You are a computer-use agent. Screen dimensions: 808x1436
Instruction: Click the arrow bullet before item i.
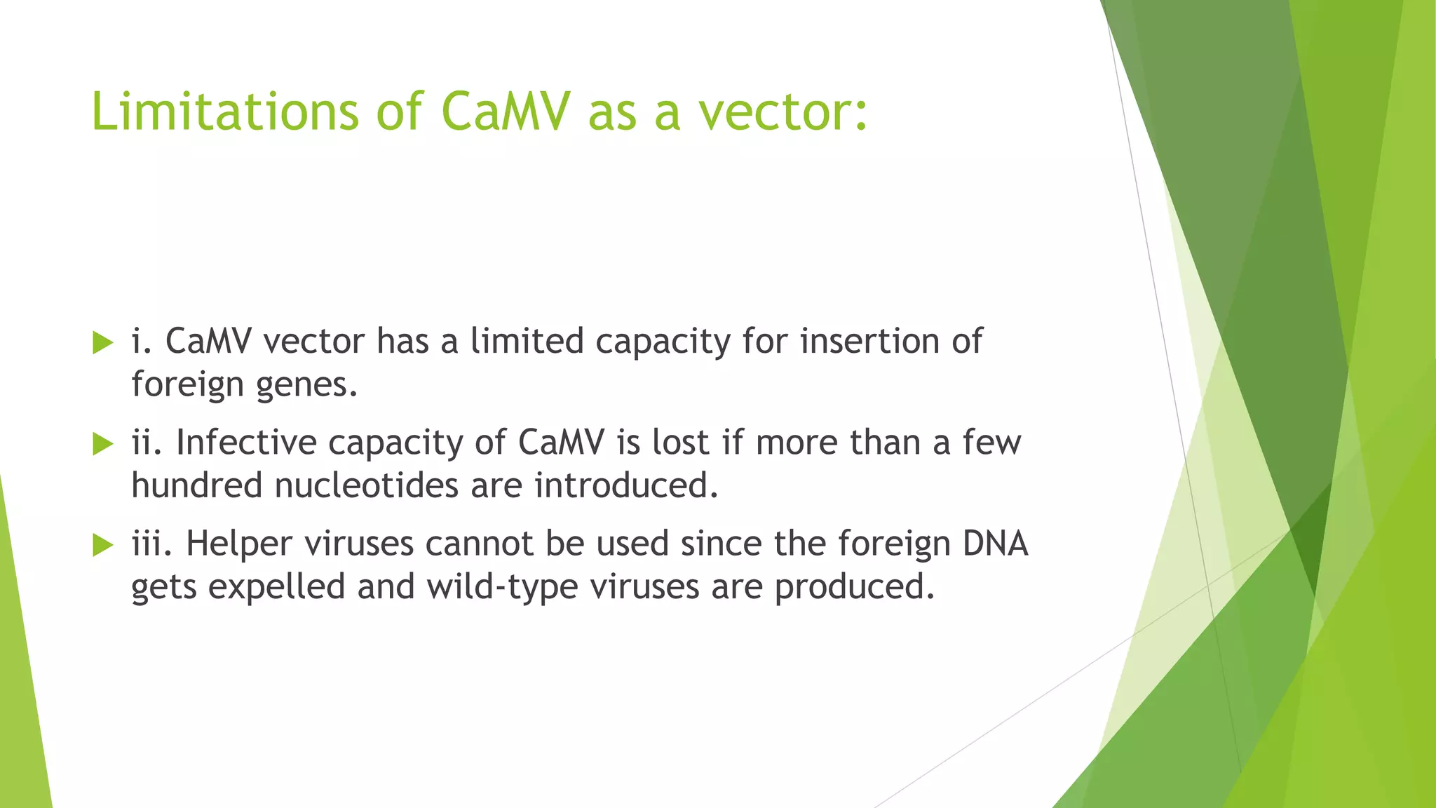102,343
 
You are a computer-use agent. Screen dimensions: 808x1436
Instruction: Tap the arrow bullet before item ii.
102,443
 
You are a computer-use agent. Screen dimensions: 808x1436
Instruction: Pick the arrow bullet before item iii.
102,545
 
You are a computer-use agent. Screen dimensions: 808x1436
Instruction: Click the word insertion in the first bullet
870,342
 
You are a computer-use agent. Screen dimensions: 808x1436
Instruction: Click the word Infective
246,443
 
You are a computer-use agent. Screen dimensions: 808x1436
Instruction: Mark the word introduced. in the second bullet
627,485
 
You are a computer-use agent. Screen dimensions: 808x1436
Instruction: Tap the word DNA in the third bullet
995,544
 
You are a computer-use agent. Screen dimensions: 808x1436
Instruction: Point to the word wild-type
502,587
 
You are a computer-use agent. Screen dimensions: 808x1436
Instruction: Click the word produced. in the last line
855,587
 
